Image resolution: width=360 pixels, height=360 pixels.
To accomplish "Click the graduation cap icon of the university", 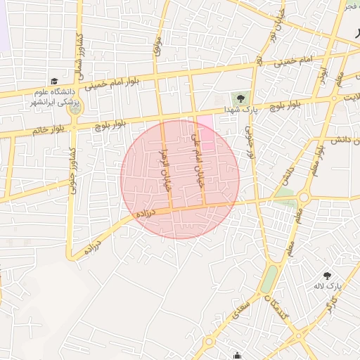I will pos(54,82).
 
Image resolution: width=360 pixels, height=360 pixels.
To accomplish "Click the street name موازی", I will pos(157,48).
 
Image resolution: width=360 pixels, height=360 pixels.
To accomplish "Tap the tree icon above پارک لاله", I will pos(327,276).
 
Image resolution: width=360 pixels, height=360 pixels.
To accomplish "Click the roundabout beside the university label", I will pos(75,109).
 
